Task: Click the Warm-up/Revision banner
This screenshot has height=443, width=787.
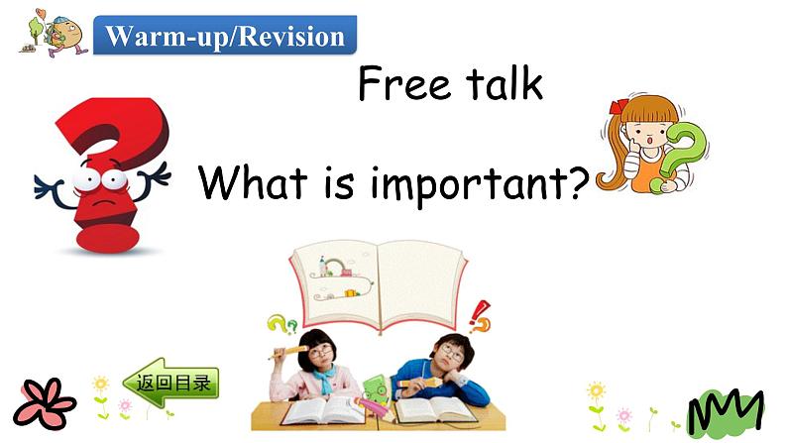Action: tap(225, 37)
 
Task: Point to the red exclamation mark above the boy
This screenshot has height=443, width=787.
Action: tap(481, 316)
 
